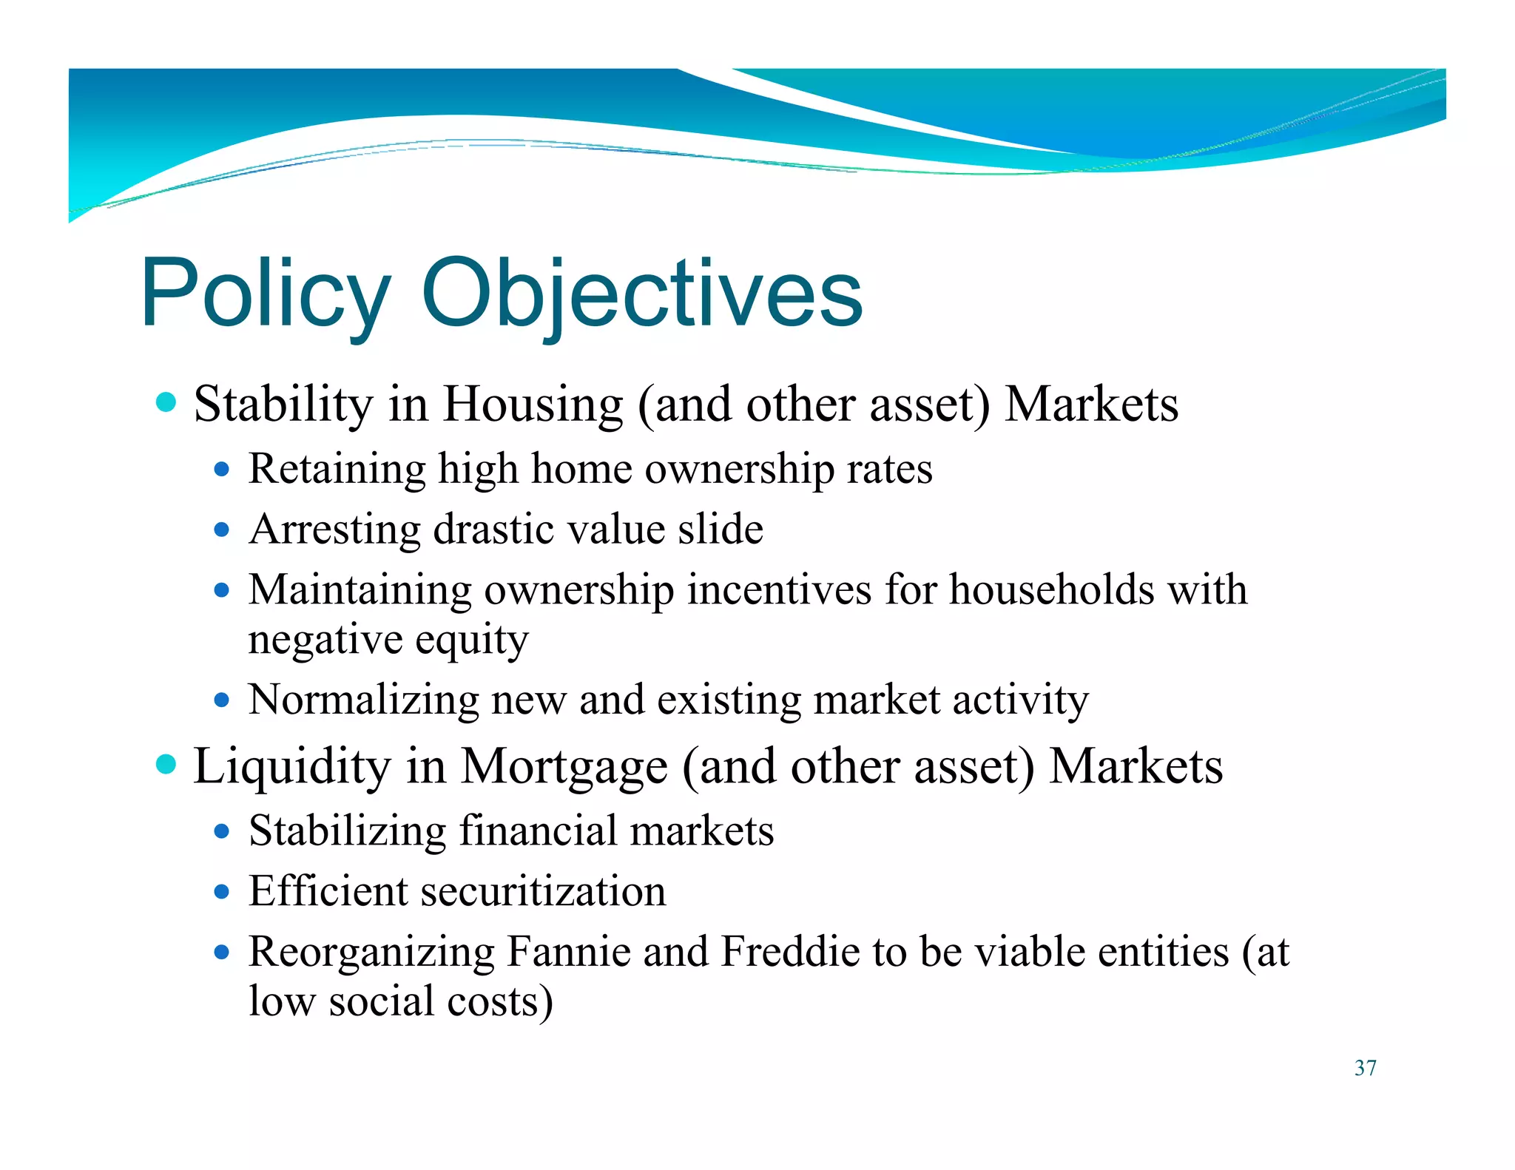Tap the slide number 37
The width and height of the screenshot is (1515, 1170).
point(1365,1068)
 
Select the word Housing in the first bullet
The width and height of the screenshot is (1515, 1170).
point(533,405)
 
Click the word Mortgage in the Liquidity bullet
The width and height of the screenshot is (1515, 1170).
point(564,767)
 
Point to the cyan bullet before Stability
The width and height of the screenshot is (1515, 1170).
point(167,402)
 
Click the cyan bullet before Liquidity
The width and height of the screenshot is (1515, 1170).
point(167,764)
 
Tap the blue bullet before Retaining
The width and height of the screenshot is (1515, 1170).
point(222,469)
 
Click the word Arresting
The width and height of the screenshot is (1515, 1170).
point(335,530)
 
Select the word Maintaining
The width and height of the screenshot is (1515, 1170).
point(360,591)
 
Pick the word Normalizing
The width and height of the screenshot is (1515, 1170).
point(363,700)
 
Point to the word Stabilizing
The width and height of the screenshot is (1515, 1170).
point(347,831)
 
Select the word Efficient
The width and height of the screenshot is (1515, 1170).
point(328,891)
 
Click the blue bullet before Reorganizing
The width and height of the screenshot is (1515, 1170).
point(222,952)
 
